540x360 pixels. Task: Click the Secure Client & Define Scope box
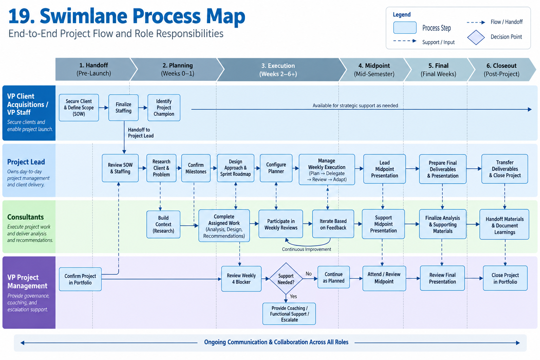click(79, 108)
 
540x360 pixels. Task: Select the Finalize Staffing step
click(123, 108)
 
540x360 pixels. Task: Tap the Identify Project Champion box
click(164, 108)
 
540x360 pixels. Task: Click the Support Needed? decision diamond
click(286, 279)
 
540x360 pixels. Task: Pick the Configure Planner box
click(276, 168)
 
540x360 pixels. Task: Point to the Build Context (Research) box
click(163, 225)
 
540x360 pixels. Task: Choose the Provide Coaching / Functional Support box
click(289, 314)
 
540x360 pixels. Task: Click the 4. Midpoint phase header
click(374, 70)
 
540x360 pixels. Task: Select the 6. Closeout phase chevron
click(501, 70)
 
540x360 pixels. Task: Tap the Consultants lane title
click(26, 217)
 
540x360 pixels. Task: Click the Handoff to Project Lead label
click(141, 133)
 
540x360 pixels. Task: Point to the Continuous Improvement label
click(307, 249)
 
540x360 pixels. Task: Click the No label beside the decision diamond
click(309, 274)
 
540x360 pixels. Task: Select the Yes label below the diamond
click(293, 296)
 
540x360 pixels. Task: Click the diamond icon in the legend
click(476, 37)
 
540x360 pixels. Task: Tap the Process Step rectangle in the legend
click(405, 27)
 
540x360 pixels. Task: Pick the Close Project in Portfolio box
click(505, 278)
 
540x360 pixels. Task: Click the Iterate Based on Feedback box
click(333, 224)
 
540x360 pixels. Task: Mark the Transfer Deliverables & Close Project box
click(504, 169)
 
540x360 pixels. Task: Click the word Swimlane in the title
click(83, 16)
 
